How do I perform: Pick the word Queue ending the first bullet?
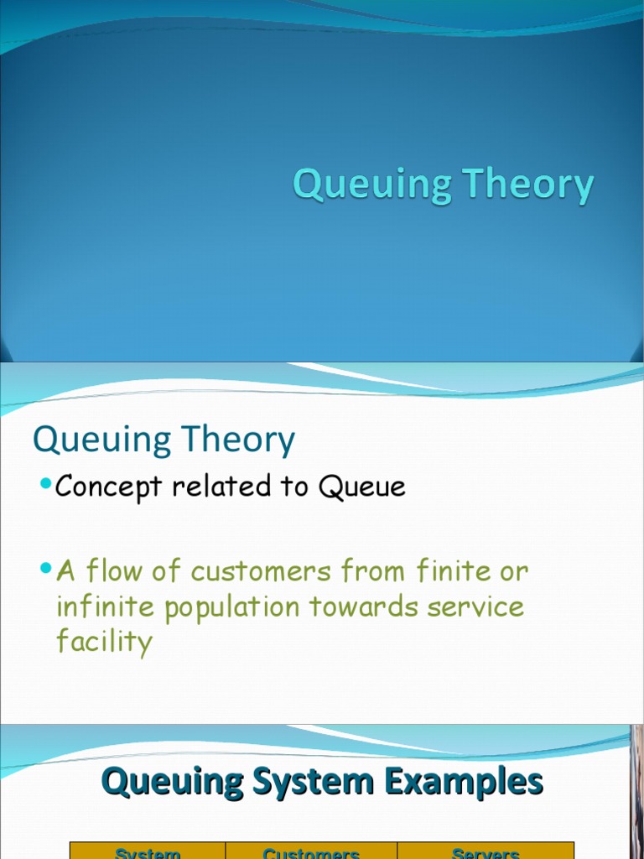361,487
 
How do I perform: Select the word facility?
104,643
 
